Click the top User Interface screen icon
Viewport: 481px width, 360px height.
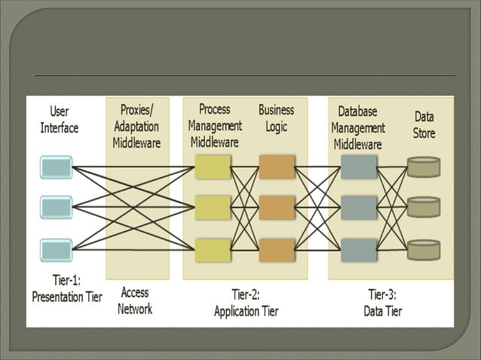(x=57, y=166)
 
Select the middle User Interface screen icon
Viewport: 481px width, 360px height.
(x=57, y=207)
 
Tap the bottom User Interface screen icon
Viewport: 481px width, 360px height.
(x=57, y=249)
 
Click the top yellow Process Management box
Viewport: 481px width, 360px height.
(x=213, y=166)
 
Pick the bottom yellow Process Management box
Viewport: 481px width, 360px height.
(x=213, y=250)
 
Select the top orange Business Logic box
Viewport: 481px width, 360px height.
(x=277, y=166)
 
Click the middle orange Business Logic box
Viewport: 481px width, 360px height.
(x=277, y=208)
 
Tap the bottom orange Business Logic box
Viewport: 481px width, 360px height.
(x=277, y=250)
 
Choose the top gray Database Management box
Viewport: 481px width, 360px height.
(x=359, y=166)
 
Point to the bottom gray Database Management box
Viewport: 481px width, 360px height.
(x=359, y=250)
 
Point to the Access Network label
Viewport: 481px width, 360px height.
(x=135, y=301)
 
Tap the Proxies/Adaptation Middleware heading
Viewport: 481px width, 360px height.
(x=136, y=127)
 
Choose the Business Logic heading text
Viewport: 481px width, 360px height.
(x=276, y=118)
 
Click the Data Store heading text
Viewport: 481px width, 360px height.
(x=424, y=125)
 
